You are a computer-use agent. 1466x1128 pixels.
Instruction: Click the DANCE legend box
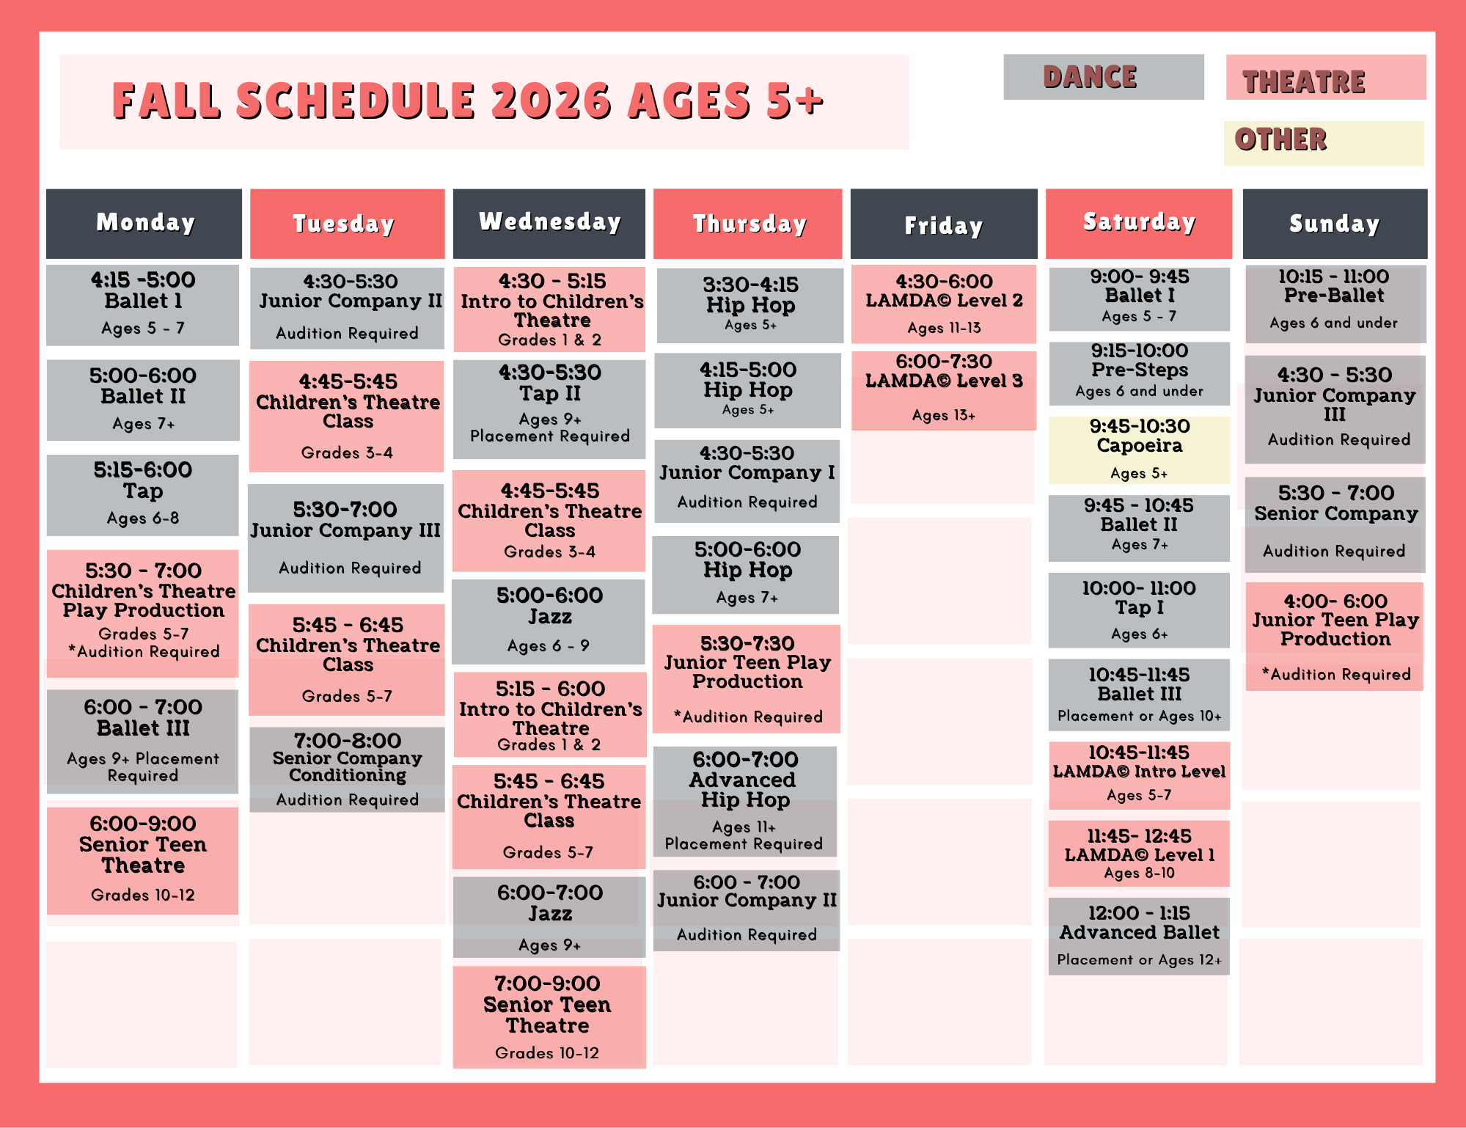click(1103, 77)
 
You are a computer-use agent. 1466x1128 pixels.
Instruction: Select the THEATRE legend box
click(1326, 77)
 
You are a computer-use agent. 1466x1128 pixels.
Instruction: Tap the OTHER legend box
click(1324, 143)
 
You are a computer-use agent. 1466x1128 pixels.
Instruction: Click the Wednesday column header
click(549, 224)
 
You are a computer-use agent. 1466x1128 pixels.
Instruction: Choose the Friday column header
click(944, 224)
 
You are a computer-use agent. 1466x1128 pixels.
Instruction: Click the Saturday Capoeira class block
click(1139, 450)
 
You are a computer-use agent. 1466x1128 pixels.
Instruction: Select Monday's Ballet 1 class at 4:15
click(143, 305)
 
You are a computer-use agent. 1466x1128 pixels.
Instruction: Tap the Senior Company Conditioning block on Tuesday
click(347, 769)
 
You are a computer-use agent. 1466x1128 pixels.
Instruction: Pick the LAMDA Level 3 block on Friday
click(944, 390)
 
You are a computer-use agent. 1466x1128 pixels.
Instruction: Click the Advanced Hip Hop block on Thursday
click(745, 801)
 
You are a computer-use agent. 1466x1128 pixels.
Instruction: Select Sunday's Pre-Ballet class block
click(1335, 304)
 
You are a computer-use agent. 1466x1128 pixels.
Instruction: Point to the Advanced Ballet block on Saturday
click(1139, 936)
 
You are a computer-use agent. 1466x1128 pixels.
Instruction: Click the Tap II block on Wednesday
click(549, 409)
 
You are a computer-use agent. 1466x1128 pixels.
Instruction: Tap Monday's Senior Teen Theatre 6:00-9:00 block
click(143, 860)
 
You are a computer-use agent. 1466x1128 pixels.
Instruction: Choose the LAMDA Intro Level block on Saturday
click(1139, 775)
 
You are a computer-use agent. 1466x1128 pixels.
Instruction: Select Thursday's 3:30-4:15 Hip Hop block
click(750, 305)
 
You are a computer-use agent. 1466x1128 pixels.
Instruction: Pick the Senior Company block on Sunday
click(1335, 524)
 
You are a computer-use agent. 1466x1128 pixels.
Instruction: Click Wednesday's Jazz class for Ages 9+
click(549, 917)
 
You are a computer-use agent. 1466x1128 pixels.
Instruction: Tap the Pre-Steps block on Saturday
click(1139, 373)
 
